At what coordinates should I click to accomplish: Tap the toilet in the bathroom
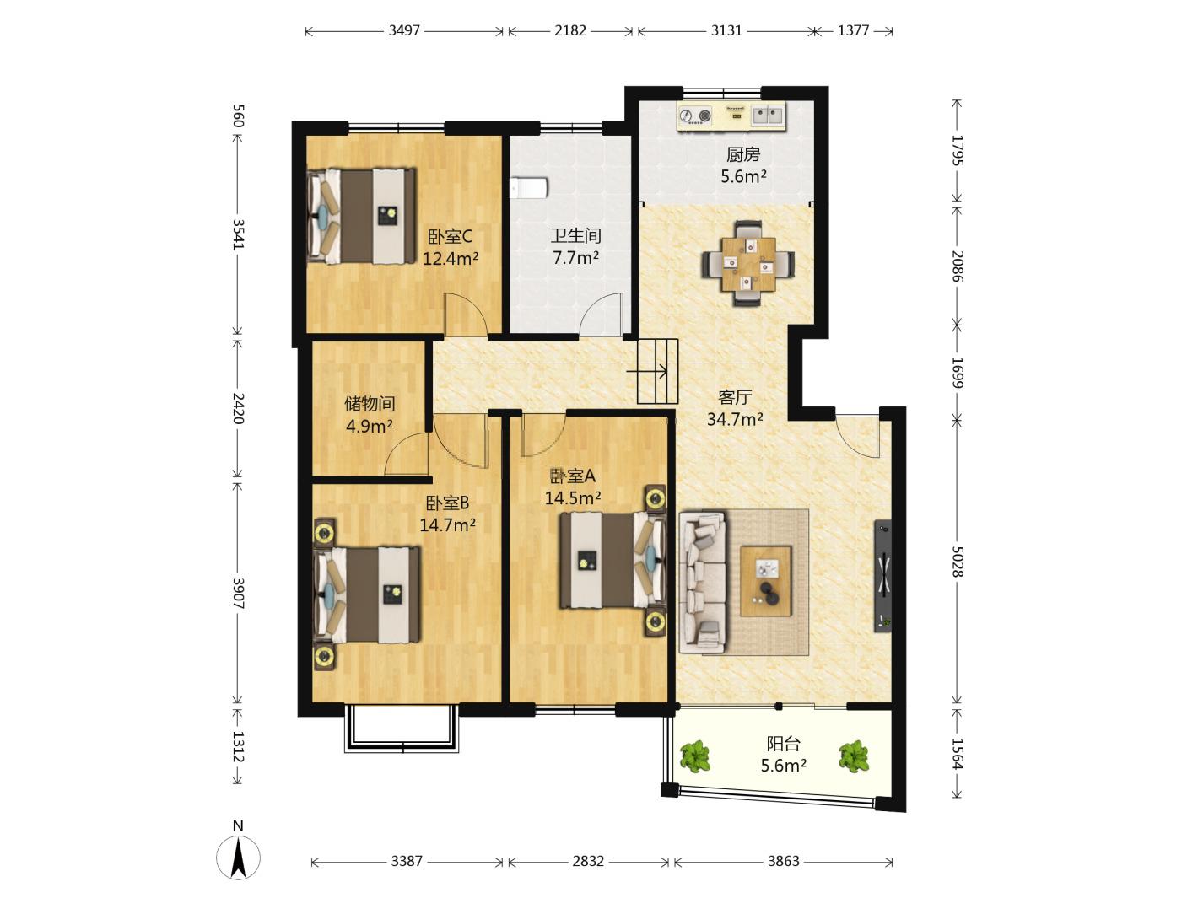pos(529,187)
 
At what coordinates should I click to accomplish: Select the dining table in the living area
pos(747,264)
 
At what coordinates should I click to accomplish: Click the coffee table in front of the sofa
pos(766,581)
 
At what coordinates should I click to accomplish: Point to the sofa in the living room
pos(703,581)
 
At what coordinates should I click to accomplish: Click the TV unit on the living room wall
pos(882,576)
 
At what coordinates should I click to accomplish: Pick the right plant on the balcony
pos(854,756)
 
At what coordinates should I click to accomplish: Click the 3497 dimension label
pos(404,30)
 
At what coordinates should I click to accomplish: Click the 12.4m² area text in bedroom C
pos(451,259)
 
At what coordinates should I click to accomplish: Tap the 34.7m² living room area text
pos(735,419)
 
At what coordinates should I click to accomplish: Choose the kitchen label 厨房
pos(742,155)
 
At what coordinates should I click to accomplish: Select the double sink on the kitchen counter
pos(768,115)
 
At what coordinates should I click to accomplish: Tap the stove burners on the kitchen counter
pos(696,115)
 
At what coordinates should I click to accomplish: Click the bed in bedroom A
pos(612,560)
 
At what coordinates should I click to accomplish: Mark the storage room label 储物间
pos(370,404)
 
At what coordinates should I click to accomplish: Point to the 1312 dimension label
pos(238,746)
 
